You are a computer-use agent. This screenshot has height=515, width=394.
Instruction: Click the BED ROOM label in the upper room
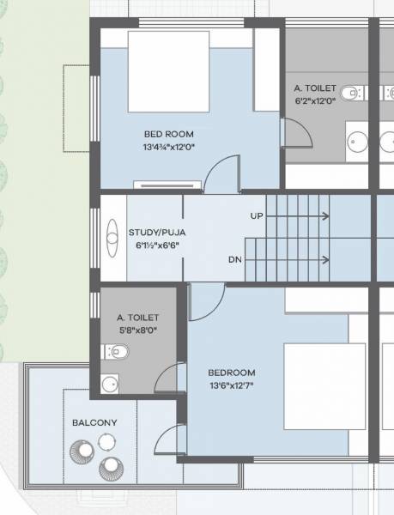coord(168,134)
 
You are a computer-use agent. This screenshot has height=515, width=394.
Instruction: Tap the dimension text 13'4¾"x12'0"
coord(168,147)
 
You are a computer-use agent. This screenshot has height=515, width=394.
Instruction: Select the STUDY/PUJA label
coord(156,233)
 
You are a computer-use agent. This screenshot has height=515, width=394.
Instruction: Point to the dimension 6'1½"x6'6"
coord(156,245)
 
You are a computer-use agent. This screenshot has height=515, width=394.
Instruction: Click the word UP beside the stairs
coord(257,215)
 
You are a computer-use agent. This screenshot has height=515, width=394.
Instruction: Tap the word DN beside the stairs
coord(234,259)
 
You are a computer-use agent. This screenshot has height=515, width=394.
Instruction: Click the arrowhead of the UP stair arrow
coord(326,216)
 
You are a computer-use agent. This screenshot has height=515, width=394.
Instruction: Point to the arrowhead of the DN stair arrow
coord(326,259)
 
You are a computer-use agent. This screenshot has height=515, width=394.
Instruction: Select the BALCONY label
coord(94,423)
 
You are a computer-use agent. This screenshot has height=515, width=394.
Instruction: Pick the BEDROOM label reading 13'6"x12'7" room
coord(232,373)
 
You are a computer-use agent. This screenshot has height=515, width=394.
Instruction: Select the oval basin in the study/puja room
coord(112,237)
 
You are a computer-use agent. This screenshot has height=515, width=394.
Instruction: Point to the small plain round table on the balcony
coord(106,442)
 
